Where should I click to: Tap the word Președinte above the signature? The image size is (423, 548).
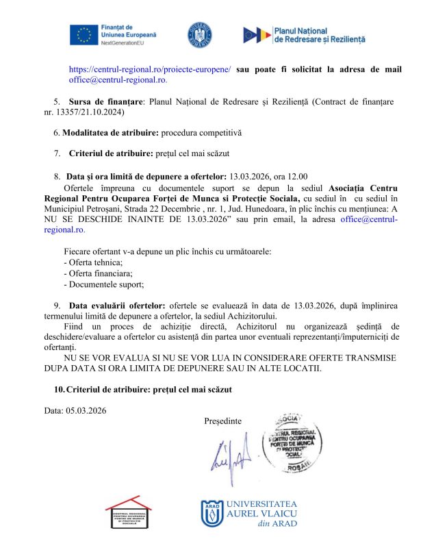pyautogui.click(x=222, y=420)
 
